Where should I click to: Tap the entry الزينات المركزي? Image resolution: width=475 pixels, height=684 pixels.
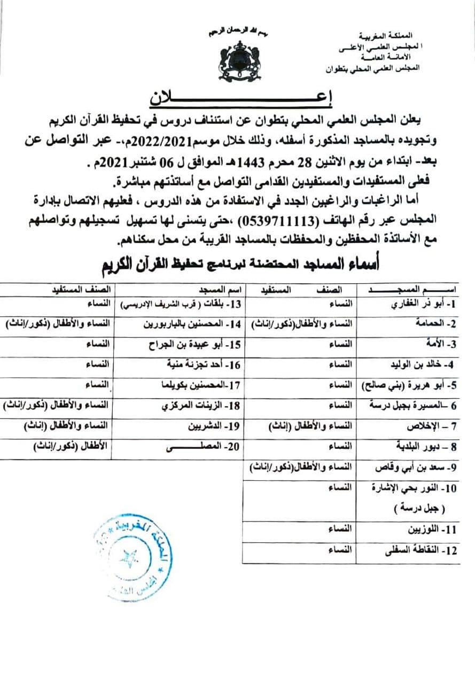coord(196,406)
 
